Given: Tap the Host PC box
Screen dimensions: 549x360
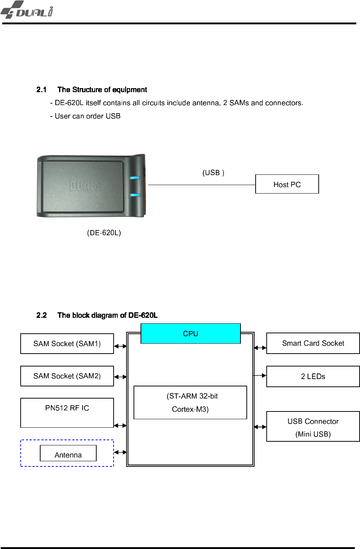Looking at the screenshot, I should [x=287, y=184].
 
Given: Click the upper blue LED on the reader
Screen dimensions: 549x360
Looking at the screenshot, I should [x=135, y=178].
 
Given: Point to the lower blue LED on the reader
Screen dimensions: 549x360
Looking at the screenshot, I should [x=135, y=195].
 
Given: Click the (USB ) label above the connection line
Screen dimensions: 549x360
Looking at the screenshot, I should [x=213, y=173].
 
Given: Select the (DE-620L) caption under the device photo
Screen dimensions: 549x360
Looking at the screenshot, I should [x=104, y=233].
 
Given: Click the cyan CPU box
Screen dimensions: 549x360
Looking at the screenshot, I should [x=190, y=333].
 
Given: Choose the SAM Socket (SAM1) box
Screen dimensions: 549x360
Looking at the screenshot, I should [x=67, y=344].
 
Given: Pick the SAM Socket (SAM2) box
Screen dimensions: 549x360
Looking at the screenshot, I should [x=67, y=376].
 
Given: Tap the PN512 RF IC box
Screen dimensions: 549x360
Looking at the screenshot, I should [x=67, y=412].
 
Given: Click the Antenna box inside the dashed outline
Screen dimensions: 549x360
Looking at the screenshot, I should [x=68, y=454].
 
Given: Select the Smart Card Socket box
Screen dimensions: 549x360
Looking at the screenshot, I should [x=313, y=343].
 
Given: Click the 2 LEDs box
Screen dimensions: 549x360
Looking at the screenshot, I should [x=313, y=376].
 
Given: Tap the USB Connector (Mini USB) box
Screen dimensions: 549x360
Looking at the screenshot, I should [x=313, y=427].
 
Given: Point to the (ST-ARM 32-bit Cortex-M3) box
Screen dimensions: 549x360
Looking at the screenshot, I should [x=190, y=402].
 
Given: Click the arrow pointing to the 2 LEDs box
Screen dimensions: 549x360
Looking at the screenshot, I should [x=260, y=375].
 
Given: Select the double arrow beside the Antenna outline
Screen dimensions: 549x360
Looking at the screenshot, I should [x=120, y=452].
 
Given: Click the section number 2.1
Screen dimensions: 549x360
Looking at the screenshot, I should [x=41, y=90].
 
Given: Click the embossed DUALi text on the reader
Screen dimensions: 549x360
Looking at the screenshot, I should [x=85, y=186].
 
